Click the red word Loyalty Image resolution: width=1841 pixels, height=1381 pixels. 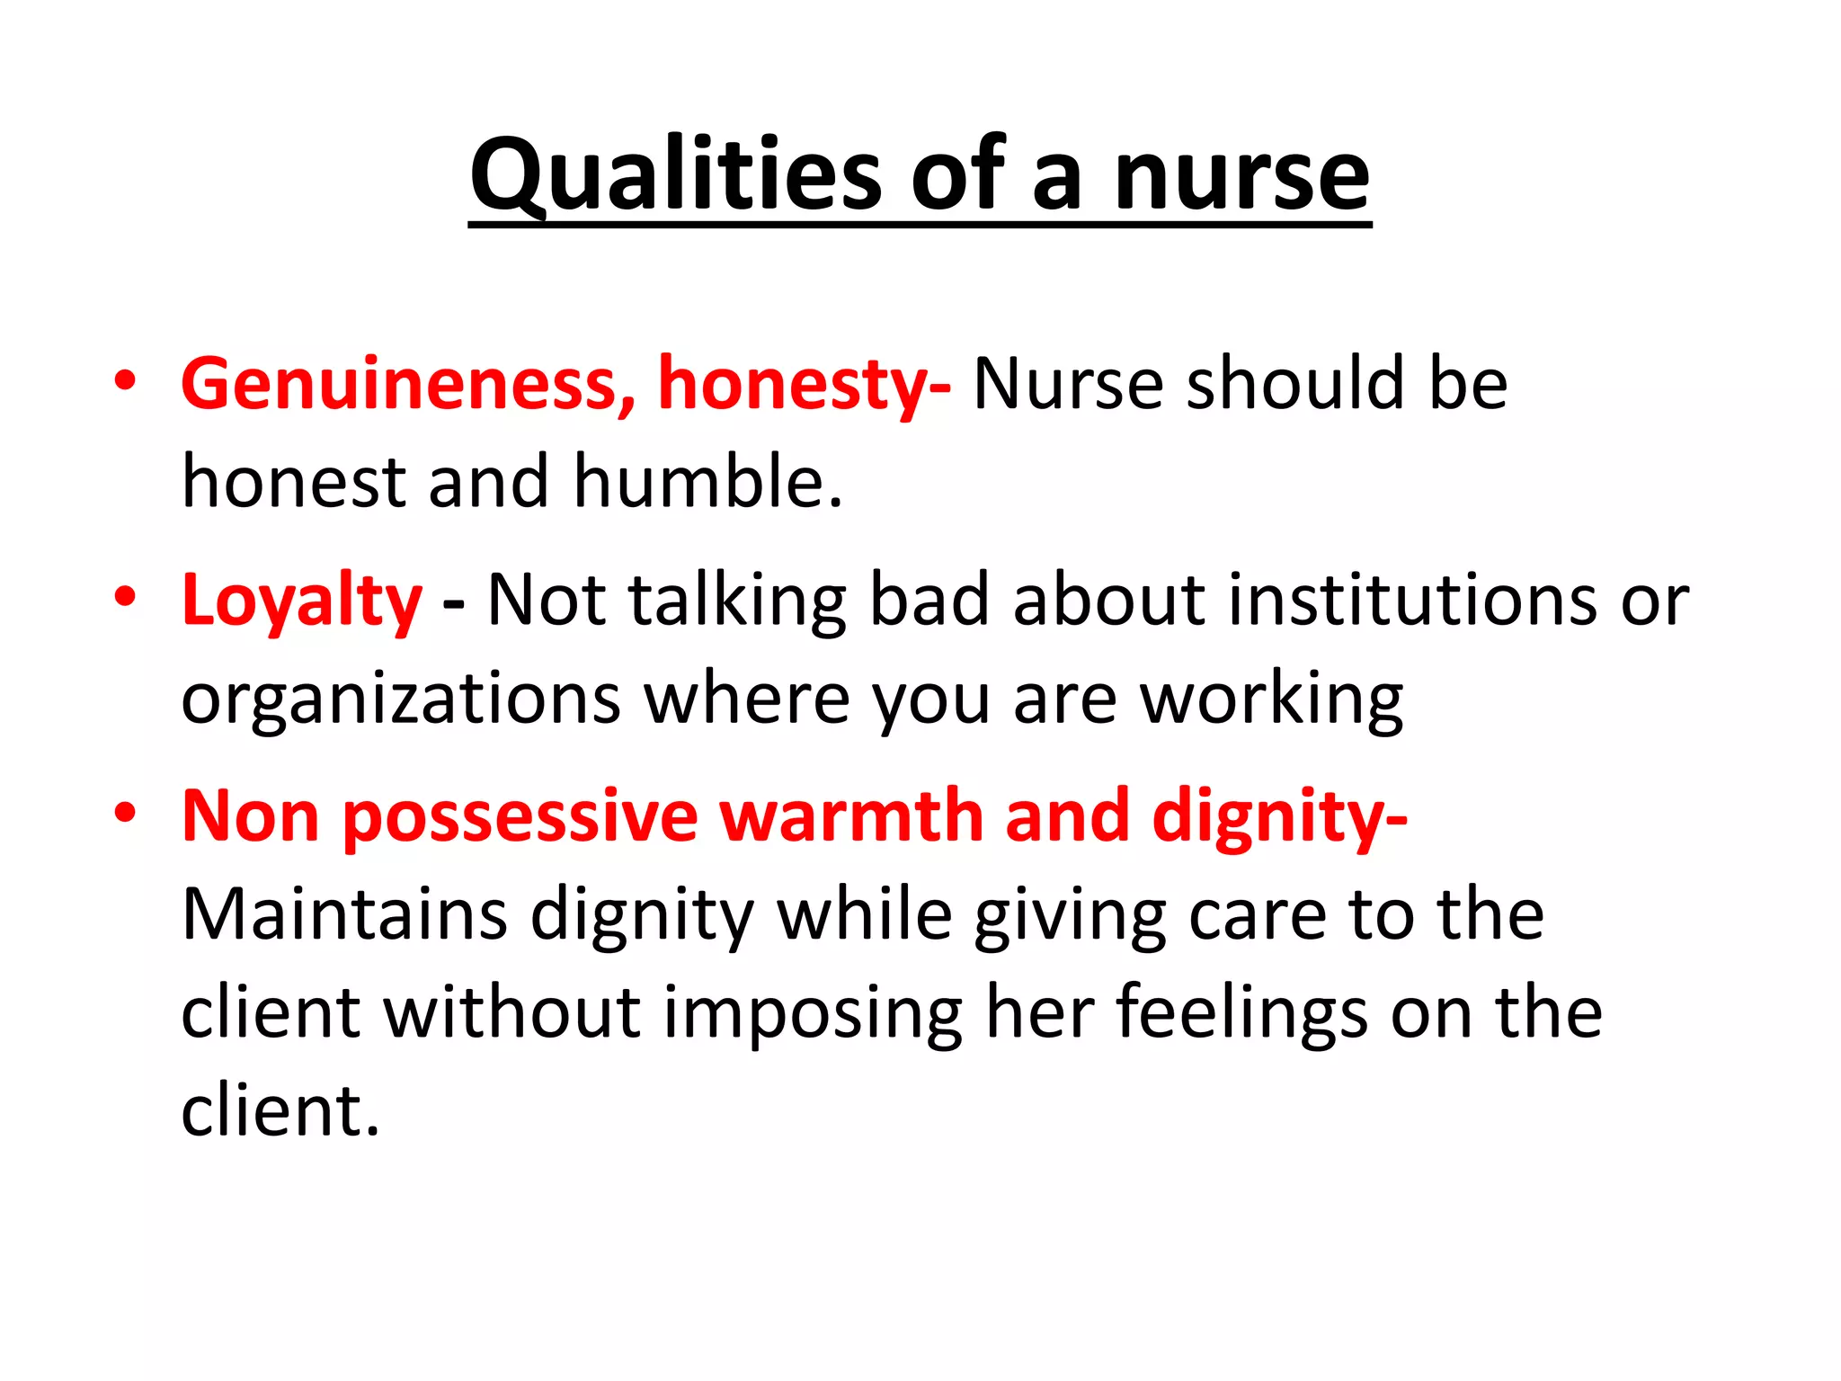301,601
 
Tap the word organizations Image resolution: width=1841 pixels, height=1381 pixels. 401,699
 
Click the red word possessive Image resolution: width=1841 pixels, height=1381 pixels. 520,816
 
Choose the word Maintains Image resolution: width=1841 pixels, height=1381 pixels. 345,915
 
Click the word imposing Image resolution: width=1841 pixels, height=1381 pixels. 813,1014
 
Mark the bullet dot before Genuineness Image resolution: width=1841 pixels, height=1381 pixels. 125,380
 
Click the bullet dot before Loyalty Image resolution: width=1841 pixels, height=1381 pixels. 125,597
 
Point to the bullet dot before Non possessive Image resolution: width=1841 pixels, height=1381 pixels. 125,813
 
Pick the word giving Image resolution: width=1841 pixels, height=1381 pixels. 1071,915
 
